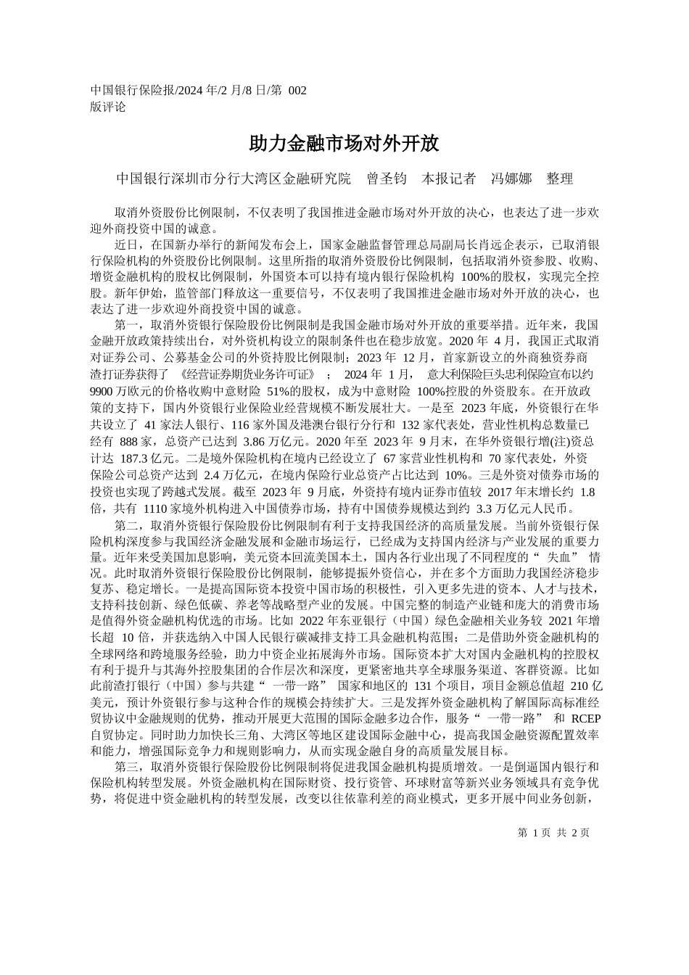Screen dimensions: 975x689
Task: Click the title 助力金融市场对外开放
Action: (x=344, y=143)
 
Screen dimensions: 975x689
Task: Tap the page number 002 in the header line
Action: (x=298, y=91)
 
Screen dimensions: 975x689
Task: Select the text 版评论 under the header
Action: (x=108, y=107)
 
